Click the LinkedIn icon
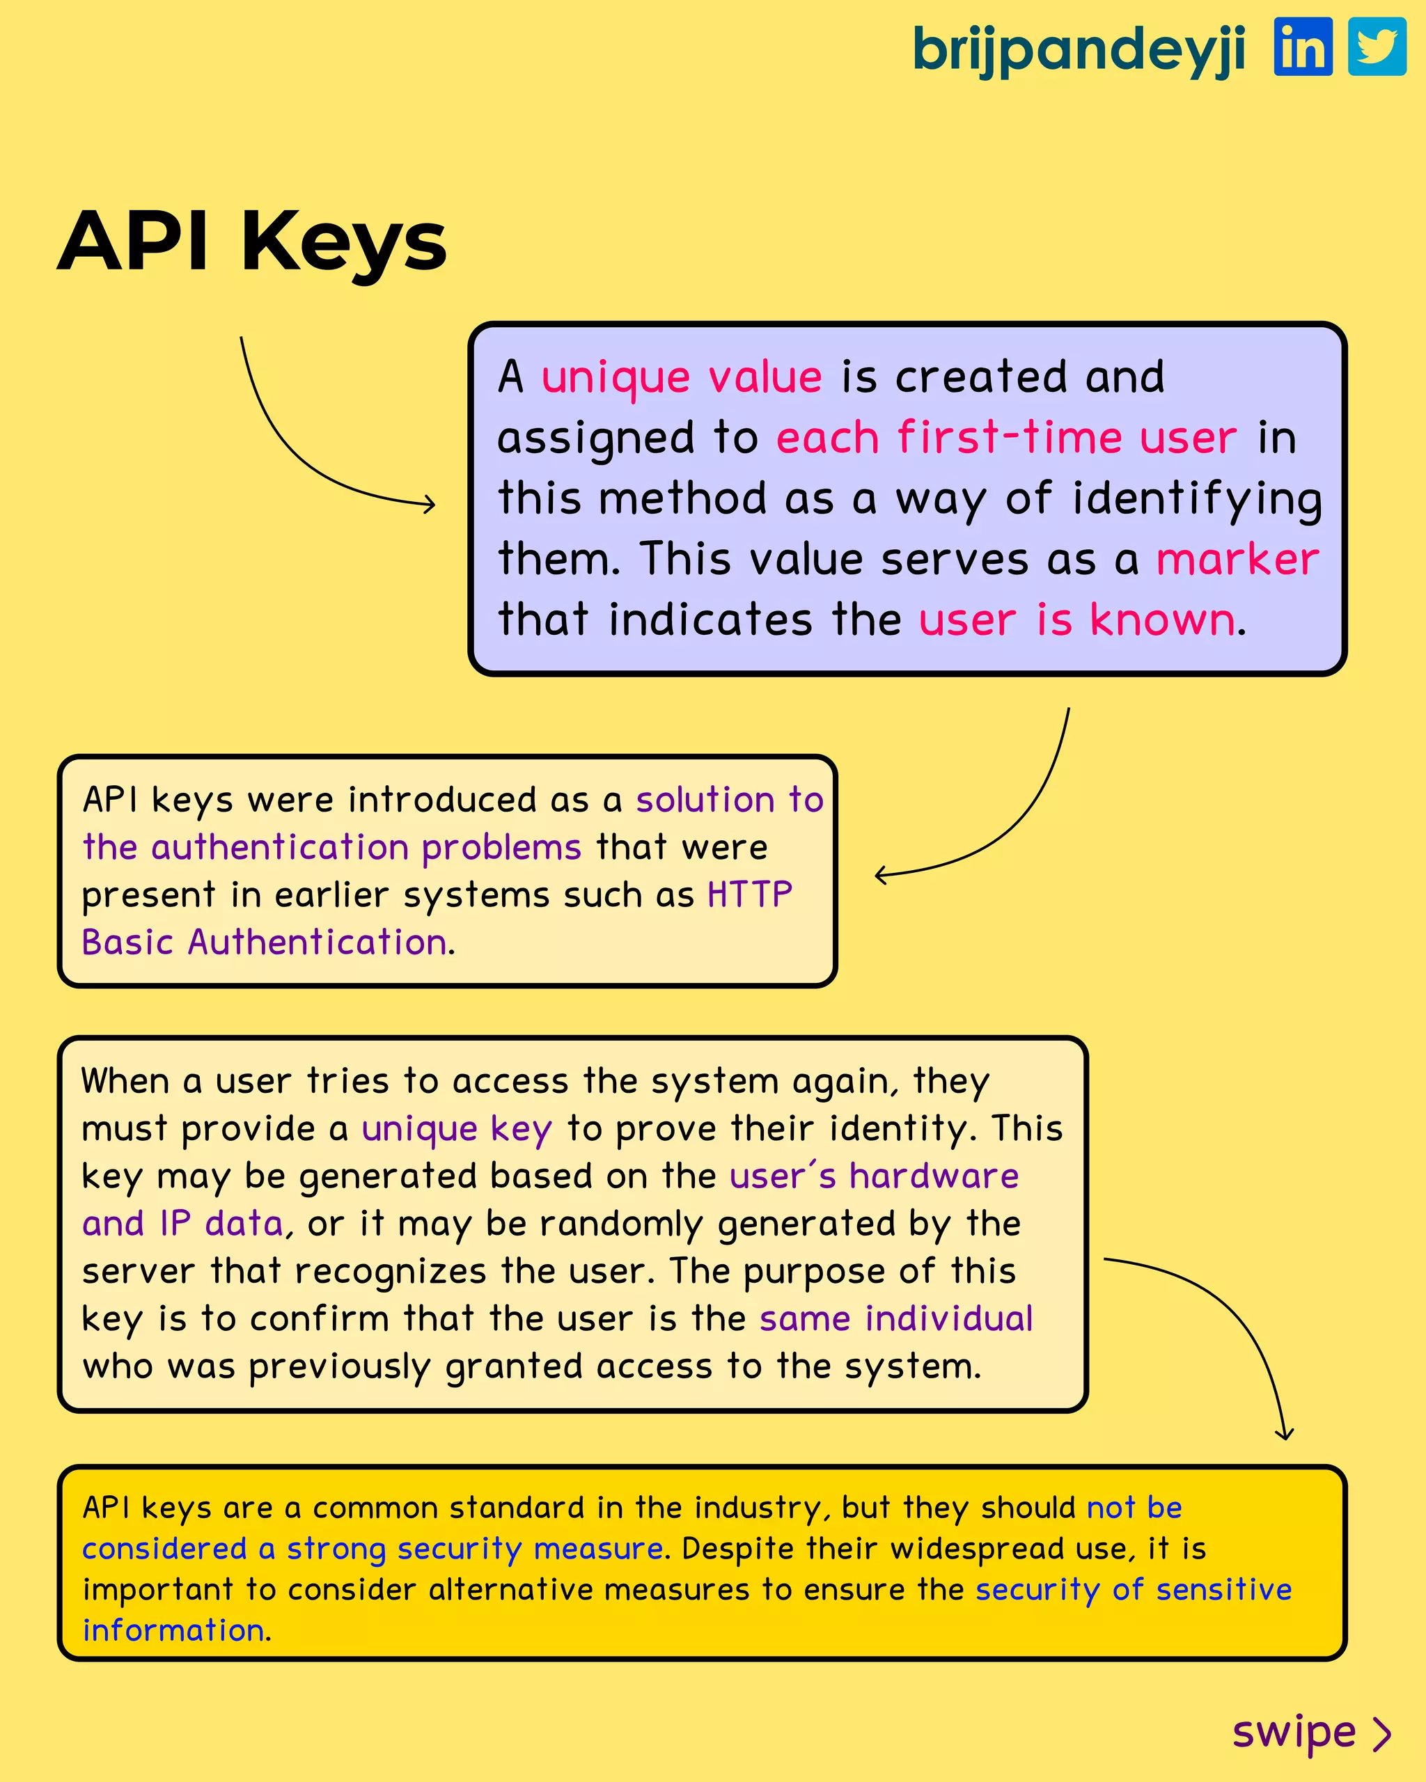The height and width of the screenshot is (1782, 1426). pyautogui.click(x=1303, y=47)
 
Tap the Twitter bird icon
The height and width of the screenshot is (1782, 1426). pyautogui.click(x=1377, y=47)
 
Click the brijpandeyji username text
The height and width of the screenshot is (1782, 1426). pyautogui.click(x=1079, y=49)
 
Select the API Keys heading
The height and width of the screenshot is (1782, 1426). pyautogui.click(x=252, y=242)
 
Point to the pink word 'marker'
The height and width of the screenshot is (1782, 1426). pyautogui.click(x=1237, y=560)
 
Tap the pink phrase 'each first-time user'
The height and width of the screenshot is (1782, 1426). pyautogui.click(x=1006, y=438)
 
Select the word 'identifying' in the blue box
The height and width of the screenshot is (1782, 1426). pyautogui.click(x=1197, y=499)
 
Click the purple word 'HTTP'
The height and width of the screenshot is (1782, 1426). pyautogui.click(x=750, y=895)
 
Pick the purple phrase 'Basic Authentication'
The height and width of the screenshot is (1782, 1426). pyautogui.click(x=265, y=943)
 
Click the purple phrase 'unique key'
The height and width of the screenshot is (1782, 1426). pyautogui.click(x=456, y=1129)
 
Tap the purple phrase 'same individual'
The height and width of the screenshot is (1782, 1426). pyautogui.click(x=896, y=1319)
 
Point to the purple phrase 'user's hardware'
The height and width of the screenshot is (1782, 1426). pyautogui.click(x=874, y=1176)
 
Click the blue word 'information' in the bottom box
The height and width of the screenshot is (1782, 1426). pyautogui.click(x=173, y=1631)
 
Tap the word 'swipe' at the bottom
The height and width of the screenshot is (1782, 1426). pyautogui.click(x=1294, y=1733)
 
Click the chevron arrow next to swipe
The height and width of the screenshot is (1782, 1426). pyautogui.click(x=1382, y=1734)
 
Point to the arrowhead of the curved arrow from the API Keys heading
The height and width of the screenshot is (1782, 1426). pyautogui.click(x=431, y=503)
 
